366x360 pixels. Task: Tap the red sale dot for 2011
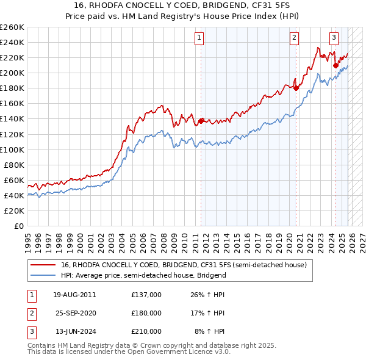[201, 121]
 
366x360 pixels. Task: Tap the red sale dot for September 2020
[296, 88]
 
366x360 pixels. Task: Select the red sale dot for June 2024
[335, 65]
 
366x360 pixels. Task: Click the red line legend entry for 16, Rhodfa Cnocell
[187, 265]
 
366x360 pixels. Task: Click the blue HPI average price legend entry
[143, 275]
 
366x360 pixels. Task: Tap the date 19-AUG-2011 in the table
[74, 295]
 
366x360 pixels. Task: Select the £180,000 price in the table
[146, 313]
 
